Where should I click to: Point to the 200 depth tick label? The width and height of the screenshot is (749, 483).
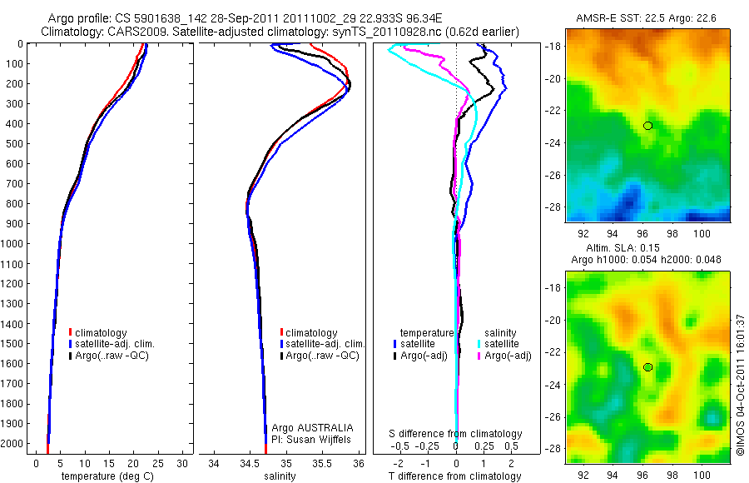pos(17,83)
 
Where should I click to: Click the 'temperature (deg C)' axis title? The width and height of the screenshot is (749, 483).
pos(107,476)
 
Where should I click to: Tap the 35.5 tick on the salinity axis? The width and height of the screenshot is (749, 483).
pos(322,462)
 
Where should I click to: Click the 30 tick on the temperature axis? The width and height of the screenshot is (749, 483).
pos(183,462)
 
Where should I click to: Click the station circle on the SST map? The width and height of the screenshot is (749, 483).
pos(647,126)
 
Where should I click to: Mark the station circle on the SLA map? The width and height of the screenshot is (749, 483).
pos(647,367)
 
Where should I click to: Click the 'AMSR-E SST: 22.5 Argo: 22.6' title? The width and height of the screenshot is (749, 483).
pos(647,17)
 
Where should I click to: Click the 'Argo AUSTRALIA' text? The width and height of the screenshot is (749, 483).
pos(307,427)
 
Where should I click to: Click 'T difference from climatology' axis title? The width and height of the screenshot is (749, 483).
pos(455,476)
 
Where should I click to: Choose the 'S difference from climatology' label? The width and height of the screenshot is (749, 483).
pos(456,434)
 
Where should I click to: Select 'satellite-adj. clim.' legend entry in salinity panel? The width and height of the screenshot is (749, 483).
pos(325,344)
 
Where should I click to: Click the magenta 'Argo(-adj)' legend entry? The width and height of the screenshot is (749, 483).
pos(507,356)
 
